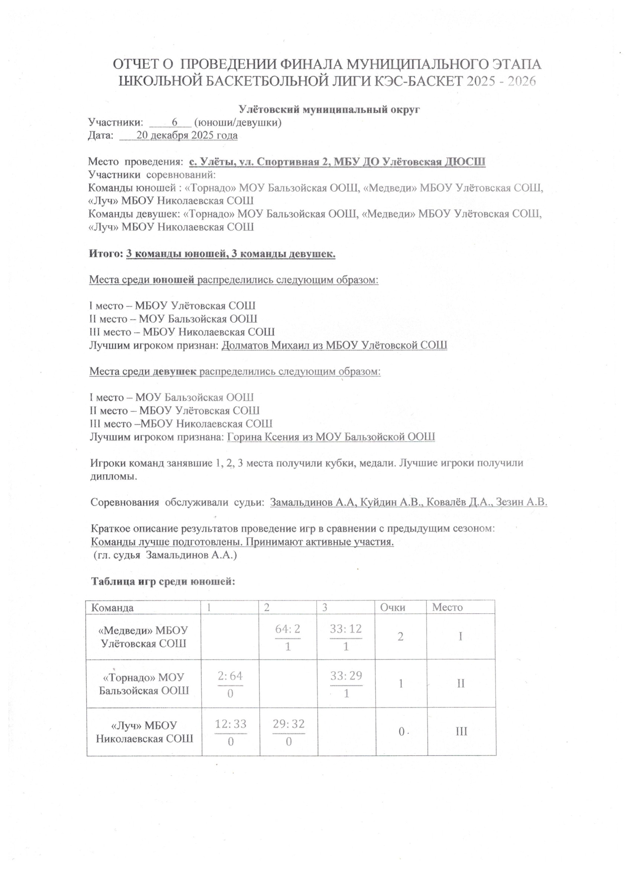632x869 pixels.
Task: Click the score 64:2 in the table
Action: [x=287, y=629]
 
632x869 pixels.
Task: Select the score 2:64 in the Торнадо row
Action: [x=230, y=676]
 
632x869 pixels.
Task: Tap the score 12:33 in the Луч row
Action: [x=230, y=724]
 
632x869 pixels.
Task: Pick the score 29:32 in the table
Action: [x=288, y=724]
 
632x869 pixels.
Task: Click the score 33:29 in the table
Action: [x=346, y=676]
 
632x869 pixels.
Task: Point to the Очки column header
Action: [x=393, y=608]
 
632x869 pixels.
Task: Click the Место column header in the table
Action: [x=447, y=607]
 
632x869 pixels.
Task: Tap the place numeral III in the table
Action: [x=461, y=732]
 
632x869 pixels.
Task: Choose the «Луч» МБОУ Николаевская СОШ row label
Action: [x=144, y=732]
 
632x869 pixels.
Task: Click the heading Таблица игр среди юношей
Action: [x=163, y=582]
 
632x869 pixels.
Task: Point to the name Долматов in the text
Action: [x=245, y=345]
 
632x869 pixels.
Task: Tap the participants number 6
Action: [x=175, y=122]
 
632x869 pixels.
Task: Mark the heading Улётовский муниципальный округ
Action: [x=329, y=110]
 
